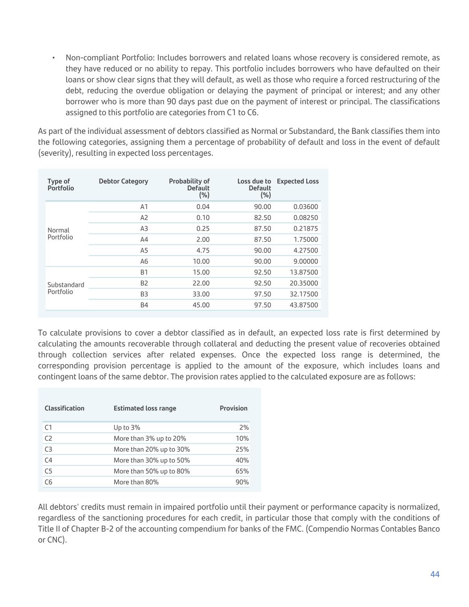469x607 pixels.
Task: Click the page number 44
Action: (x=434, y=574)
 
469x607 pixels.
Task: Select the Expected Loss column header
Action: (x=297, y=181)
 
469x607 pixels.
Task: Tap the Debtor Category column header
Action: (x=123, y=181)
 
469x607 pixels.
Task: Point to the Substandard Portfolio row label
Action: (x=65, y=288)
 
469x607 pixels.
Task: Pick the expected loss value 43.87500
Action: (x=304, y=305)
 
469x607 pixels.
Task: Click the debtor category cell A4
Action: (x=144, y=240)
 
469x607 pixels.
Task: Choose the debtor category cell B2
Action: (x=144, y=283)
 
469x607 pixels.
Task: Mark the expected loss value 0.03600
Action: (x=305, y=207)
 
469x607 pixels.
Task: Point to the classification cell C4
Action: (x=48, y=460)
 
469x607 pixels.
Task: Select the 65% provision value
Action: (x=242, y=471)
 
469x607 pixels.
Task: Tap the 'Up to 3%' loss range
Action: (x=127, y=427)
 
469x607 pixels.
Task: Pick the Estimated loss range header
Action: (x=144, y=408)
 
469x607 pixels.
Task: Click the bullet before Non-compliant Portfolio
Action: (x=53, y=58)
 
